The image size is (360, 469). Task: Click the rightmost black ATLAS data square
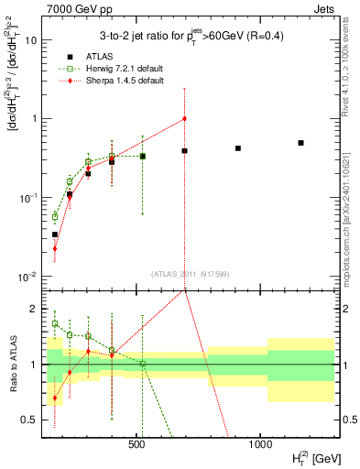[300, 143]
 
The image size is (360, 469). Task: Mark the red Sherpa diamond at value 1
[185, 118]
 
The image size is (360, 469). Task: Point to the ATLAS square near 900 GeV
[238, 148]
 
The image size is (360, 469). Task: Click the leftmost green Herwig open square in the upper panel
[55, 216]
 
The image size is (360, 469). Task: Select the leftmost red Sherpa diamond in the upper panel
[55, 248]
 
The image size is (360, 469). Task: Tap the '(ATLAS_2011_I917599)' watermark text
[190, 274]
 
